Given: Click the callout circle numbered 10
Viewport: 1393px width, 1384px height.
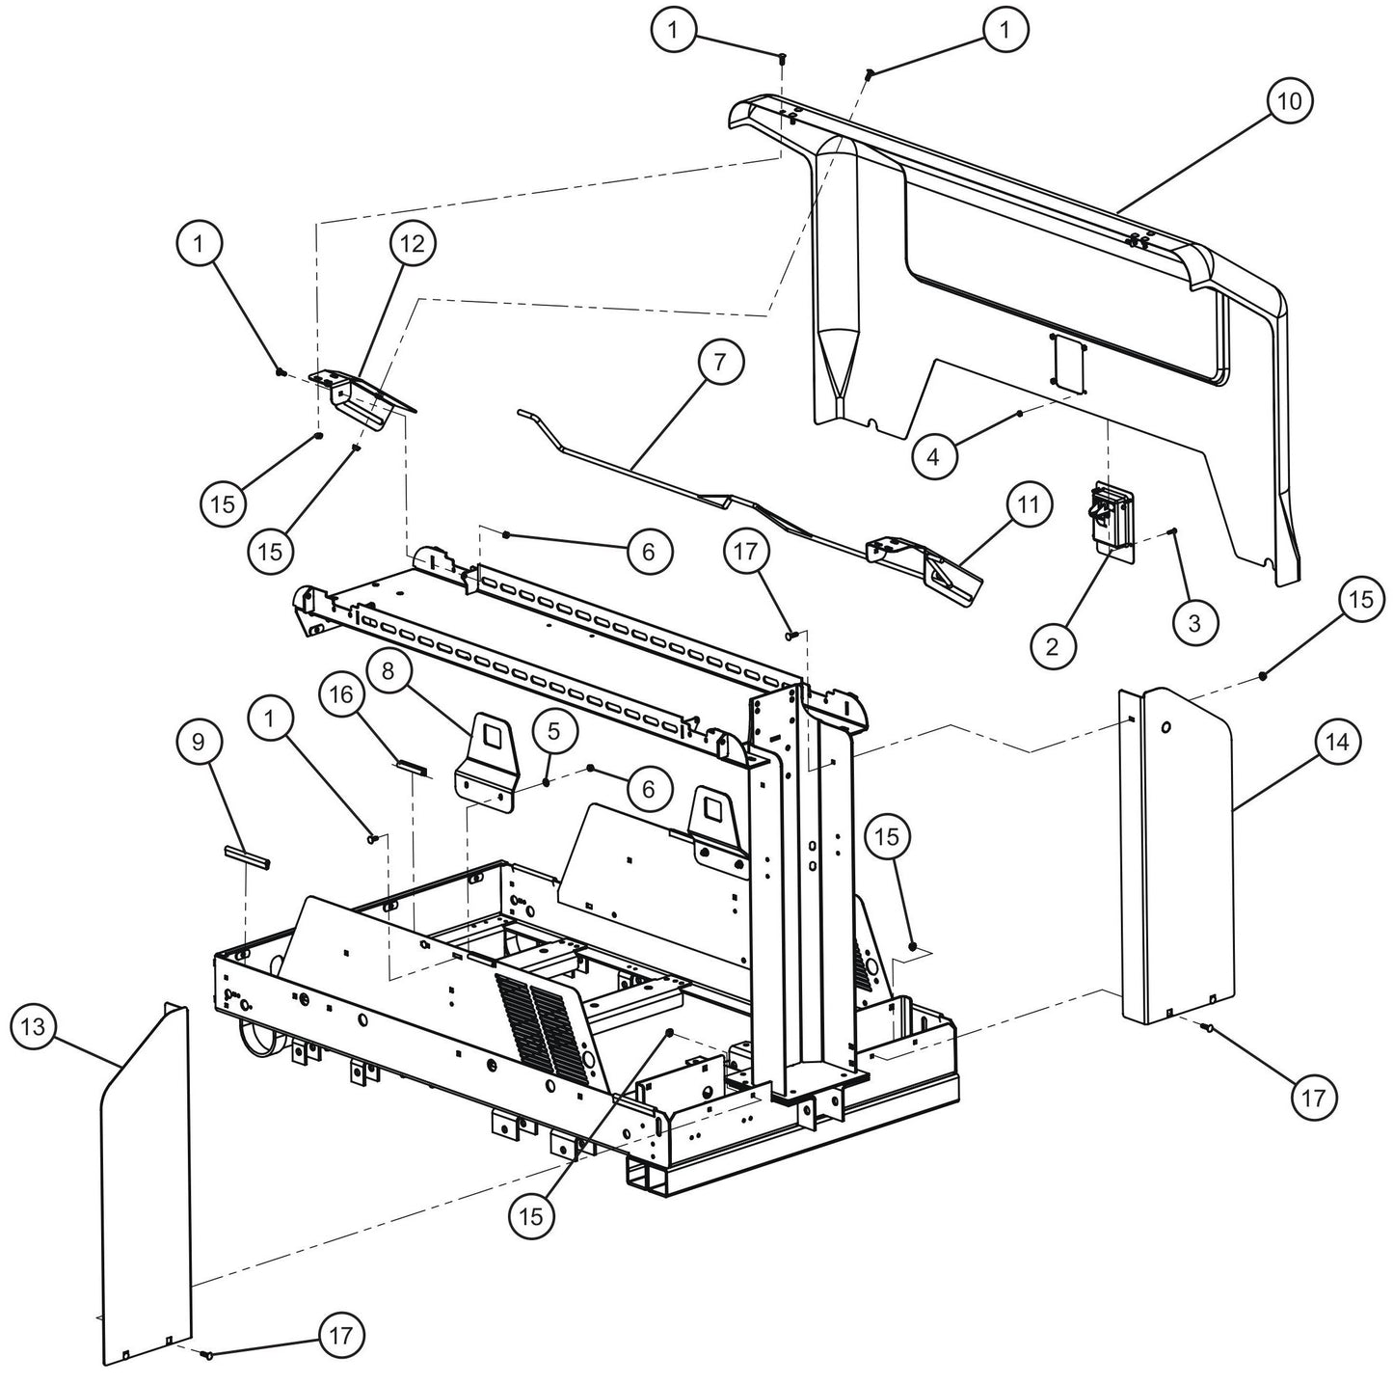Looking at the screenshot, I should [x=1290, y=101].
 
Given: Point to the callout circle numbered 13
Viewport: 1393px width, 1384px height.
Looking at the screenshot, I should [x=34, y=1027].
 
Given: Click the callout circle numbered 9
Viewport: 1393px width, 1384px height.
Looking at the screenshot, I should [x=199, y=742].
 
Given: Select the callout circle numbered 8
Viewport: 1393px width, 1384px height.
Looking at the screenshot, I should [x=388, y=672].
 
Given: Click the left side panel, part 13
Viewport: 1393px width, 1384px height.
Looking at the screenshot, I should [x=145, y=1186].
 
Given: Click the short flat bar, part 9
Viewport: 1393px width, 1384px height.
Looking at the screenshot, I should [x=247, y=856].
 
